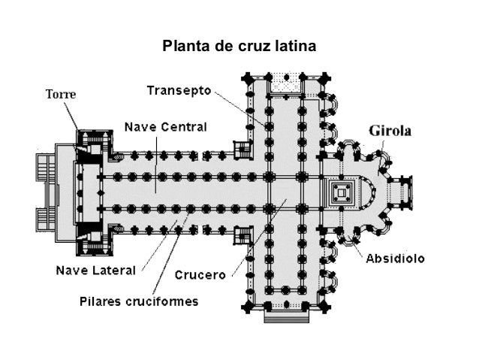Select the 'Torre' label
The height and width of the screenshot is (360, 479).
[x=61, y=95]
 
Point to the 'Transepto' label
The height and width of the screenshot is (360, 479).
[x=178, y=90]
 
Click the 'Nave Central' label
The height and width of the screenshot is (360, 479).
[x=164, y=126]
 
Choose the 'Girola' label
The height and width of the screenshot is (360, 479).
[x=390, y=131]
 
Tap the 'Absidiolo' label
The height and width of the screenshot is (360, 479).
[x=395, y=259]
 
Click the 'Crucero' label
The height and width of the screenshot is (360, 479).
[x=200, y=275]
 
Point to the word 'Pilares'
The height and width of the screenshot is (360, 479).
[x=105, y=301]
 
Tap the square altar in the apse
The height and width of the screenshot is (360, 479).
[x=342, y=193]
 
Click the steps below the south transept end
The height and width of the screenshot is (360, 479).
[x=285, y=316]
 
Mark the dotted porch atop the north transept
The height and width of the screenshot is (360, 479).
[x=285, y=82]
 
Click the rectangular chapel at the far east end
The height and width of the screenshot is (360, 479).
[x=401, y=194]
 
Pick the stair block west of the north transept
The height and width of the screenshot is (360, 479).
[x=243, y=149]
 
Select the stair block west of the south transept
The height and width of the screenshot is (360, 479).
[x=243, y=235]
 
